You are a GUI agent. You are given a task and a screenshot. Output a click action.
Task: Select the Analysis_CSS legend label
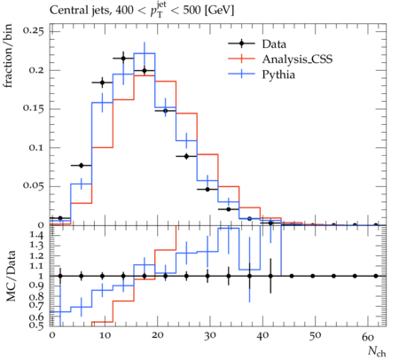(297, 59)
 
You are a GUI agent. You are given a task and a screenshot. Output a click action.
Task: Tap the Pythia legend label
(278, 74)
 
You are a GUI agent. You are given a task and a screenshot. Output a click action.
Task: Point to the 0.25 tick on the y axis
(33, 31)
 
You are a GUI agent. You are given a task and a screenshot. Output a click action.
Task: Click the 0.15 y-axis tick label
(33, 108)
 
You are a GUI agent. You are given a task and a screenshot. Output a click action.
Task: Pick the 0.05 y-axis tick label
(33, 186)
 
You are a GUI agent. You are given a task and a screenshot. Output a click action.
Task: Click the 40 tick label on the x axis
(262, 336)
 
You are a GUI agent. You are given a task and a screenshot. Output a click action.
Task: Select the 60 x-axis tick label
(368, 336)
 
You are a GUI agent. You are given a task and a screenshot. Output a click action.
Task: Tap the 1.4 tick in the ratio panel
(37, 236)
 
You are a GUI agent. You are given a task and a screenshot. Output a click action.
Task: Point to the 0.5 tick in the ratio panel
(37, 325)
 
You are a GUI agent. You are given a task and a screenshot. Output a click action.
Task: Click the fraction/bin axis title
(8, 56)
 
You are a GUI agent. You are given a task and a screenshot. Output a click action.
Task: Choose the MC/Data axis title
(11, 276)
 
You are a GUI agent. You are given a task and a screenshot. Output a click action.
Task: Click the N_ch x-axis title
(377, 352)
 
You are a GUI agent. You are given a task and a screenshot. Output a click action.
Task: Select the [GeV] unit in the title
(219, 11)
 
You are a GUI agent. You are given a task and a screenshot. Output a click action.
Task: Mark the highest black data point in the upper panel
(123, 59)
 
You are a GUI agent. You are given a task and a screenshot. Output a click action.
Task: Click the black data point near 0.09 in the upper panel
(186, 157)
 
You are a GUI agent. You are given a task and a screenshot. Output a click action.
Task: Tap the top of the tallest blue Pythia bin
(145, 53)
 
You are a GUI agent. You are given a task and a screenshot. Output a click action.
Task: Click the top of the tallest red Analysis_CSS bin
(145, 75)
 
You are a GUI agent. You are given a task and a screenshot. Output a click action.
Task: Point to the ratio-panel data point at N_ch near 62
(376, 276)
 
